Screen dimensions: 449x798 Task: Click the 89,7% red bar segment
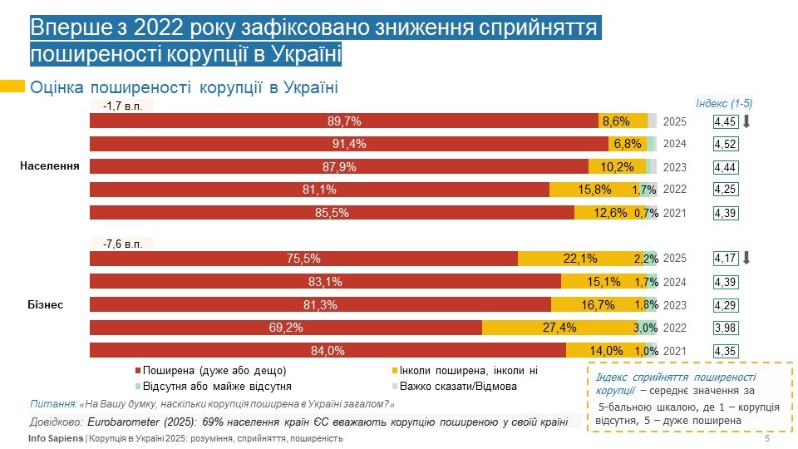(x=344, y=121)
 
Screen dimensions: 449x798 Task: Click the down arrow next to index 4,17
(x=746, y=258)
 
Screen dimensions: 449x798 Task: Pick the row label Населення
(x=50, y=166)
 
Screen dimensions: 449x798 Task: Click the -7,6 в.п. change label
(x=123, y=244)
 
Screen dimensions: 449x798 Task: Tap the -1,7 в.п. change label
(x=123, y=106)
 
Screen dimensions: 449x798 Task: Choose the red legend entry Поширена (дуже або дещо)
(x=214, y=370)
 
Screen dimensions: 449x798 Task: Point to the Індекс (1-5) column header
(x=724, y=103)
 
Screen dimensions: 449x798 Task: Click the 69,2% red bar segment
(x=285, y=328)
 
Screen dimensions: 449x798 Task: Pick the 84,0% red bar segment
(x=328, y=351)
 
